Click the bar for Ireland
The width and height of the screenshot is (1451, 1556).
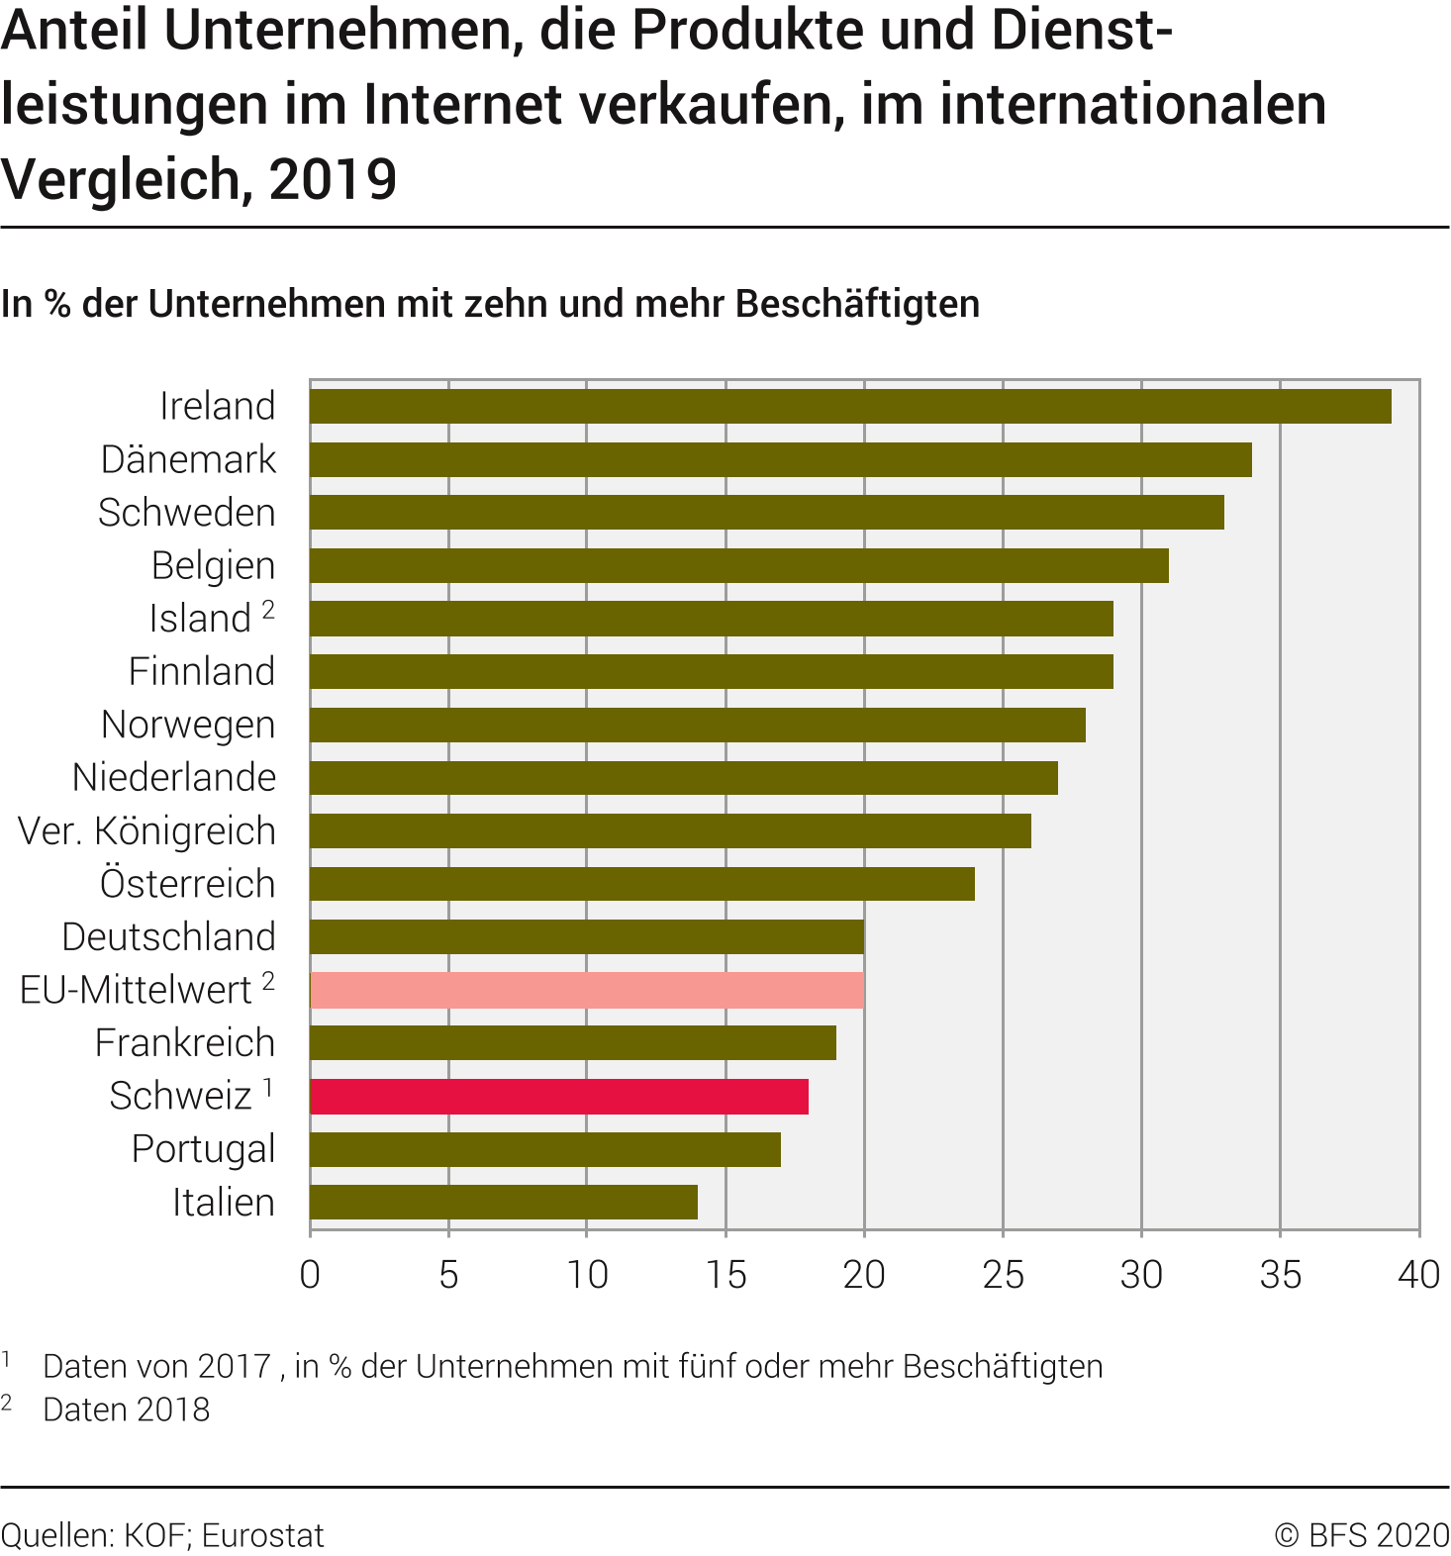point(850,406)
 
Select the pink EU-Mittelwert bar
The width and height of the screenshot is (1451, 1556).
point(587,990)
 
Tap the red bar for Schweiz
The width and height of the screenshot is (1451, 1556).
point(559,1096)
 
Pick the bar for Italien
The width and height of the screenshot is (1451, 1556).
point(504,1203)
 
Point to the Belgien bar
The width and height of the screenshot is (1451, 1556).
point(739,565)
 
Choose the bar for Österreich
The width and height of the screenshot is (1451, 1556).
point(642,884)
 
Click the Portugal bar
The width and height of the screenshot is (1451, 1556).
point(545,1149)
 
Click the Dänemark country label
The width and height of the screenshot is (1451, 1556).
point(188,459)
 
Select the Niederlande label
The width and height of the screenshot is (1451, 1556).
point(174,777)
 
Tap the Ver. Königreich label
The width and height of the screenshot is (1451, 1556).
point(146,830)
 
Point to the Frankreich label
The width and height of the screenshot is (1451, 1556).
point(185,1042)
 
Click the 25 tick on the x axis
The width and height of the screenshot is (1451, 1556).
point(1003,1275)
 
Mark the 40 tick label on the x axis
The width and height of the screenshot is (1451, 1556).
point(1418,1275)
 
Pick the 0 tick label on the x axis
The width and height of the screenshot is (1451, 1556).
point(310,1275)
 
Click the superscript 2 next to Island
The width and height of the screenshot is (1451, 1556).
point(268,610)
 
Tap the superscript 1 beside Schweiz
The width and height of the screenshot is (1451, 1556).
point(268,1088)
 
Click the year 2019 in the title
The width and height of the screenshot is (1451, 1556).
point(333,179)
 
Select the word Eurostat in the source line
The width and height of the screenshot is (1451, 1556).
point(263,1535)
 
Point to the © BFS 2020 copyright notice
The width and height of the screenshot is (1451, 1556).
point(1362,1535)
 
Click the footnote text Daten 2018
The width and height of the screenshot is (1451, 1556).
point(127,1410)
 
